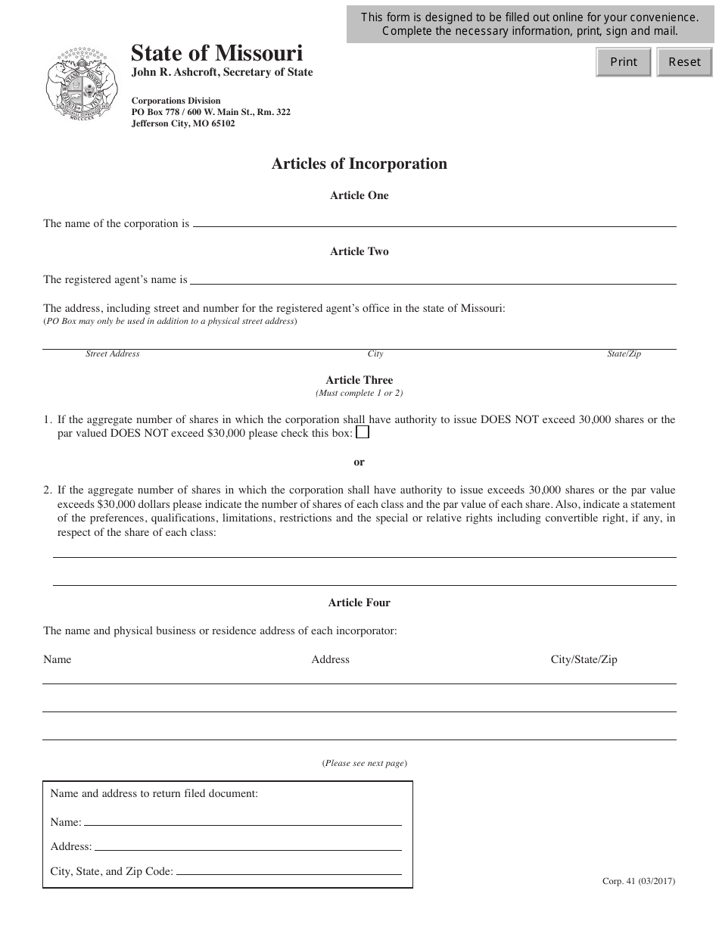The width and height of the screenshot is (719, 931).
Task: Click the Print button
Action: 624,62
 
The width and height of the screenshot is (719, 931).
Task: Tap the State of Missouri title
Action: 216,53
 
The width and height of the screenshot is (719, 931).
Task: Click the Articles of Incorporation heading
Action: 359,164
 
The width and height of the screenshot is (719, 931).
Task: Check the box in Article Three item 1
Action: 363,432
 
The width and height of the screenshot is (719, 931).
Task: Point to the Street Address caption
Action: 113,353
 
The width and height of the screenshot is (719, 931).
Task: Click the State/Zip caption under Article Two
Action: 624,353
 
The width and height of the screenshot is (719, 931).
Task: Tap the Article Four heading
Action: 359,603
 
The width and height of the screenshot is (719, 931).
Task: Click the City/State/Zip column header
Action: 584,659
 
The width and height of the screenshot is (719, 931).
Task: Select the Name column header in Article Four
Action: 58,659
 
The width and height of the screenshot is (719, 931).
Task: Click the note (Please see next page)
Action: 365,763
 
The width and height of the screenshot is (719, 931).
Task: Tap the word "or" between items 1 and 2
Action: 359,462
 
